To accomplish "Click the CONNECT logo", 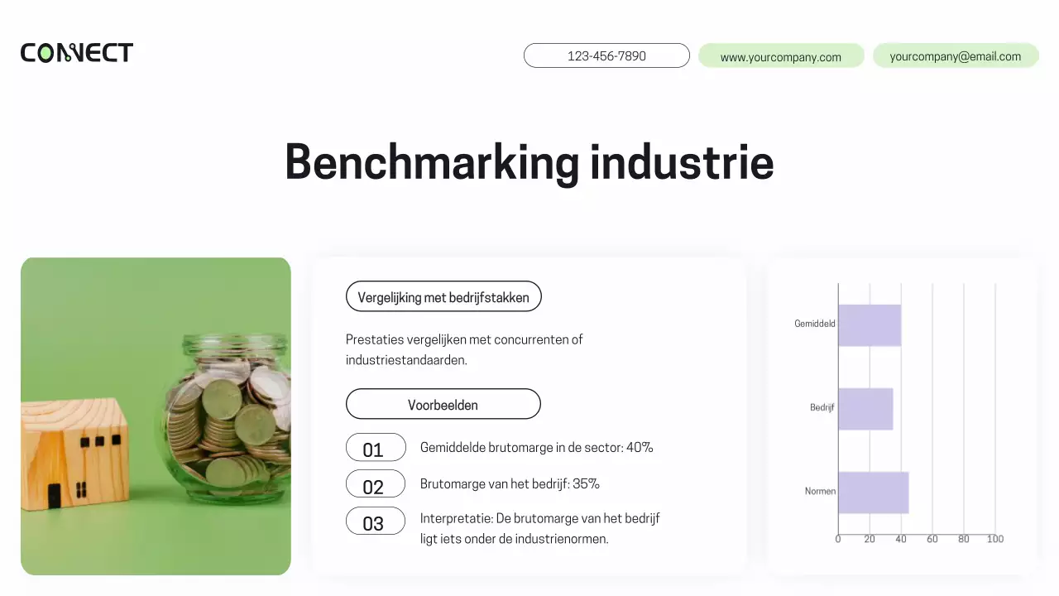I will [x=77, y=53].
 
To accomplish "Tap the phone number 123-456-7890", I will [x=606, y=55].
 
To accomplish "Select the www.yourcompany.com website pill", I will [x=781, y=56].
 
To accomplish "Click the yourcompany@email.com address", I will [x=956, y=56].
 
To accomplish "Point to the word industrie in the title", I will [x=682, y=161].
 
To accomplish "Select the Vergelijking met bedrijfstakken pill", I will [x=443, y=296].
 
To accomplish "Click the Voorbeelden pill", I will [x=443, y=404].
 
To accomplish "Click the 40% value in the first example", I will [x=640, y=448].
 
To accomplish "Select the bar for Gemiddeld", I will [x=870, y=325].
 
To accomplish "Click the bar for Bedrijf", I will [x=865, y=409].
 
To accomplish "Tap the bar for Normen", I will [x=873, y=493].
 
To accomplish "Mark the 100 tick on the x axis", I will [x=995, y=539].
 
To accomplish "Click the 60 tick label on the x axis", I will [x=932, y=539].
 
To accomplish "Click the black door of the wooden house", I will [x=54, y=495].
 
